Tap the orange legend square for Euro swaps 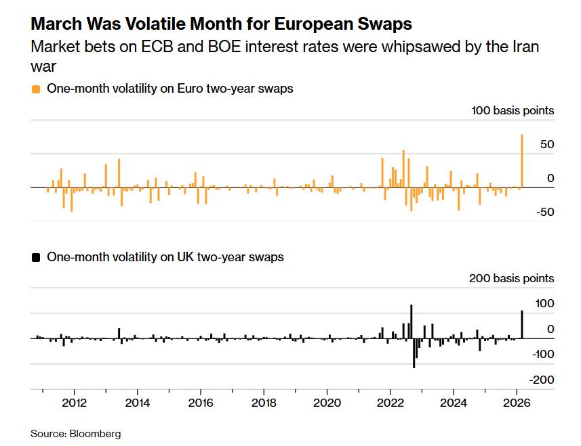pyautogui.click(x=36, y=89)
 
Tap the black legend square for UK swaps pyautogui.click(x=36, y=257)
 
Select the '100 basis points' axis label pyautogui.click(x=513, y=110)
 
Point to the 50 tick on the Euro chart pyautogui.click(x=547, y=145)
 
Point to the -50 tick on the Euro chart pyautogui.click(x=544, y=212)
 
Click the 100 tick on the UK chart pyautogui.click(x=544, y=304)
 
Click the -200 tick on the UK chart pyautogui.click(x=542, y=380)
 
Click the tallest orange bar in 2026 pyautogui.click(x=522, y=161)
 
